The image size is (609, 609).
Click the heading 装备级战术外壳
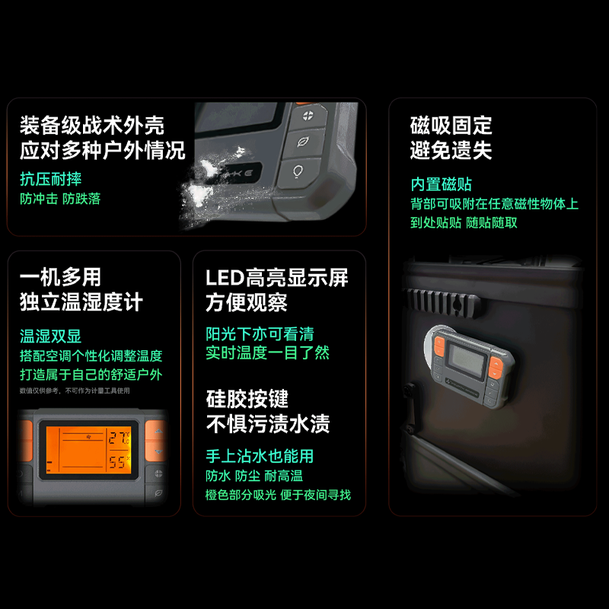92,125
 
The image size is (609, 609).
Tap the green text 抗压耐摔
51,179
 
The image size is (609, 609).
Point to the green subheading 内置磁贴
442,184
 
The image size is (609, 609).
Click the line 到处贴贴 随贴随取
464,222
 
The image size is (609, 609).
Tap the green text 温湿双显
51,336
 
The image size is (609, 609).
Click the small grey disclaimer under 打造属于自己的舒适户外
75,391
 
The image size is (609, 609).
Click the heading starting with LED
277,277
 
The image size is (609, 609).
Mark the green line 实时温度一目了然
267,352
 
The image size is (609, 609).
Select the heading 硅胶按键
247,398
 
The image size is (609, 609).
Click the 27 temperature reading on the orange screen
117,438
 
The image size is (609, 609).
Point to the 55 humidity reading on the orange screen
117,462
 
